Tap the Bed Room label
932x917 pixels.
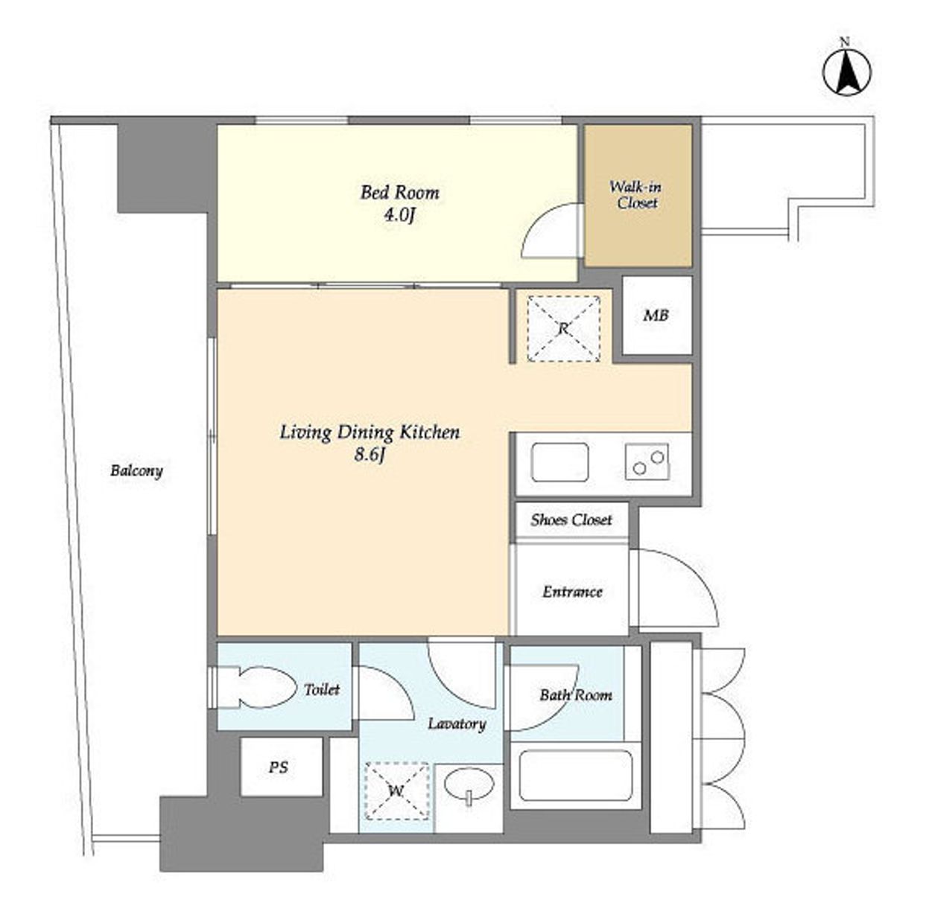tap(399, 192)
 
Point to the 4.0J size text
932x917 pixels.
tap(399, 216)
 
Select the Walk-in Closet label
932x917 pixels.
tap(636, 194)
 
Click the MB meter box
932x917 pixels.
tap(656, 315)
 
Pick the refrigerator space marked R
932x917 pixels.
tap(563, 329)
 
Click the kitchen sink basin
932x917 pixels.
tap(560, 462)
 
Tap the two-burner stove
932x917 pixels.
tap(647, 461)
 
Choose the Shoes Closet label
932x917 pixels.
tap(571, 520)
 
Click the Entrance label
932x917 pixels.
tap(572, 592)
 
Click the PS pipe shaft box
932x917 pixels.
tap(282, 767)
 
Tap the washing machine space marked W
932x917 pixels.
tap(396, 791)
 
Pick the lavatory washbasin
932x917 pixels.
tap(469, 786)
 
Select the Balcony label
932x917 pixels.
tap(136, 470)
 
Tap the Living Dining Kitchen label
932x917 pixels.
tap(370, 432)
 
